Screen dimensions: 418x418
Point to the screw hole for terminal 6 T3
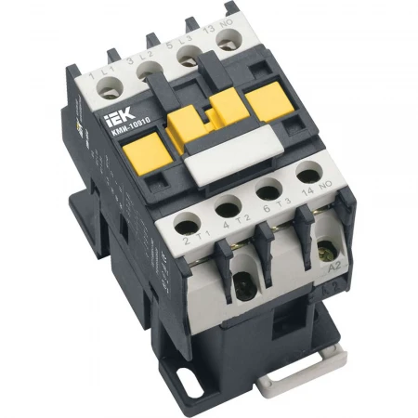pos(268,192)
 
